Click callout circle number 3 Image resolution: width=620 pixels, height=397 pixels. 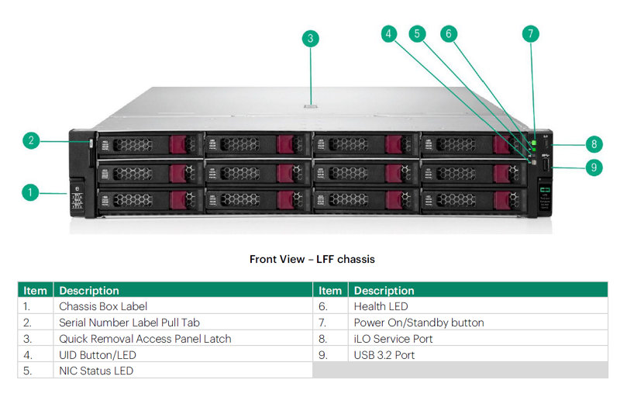(311, 39)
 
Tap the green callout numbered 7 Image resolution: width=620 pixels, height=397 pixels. (530, 34)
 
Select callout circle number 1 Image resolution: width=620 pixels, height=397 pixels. (30, 192)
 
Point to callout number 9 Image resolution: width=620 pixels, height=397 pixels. (594, 167)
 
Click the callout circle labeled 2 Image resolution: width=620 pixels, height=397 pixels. (31, 141)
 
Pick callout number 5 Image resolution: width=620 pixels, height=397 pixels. (417, 34)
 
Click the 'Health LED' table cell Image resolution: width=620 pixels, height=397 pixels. (381, 306)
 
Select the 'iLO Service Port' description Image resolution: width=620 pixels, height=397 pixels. (393, 339)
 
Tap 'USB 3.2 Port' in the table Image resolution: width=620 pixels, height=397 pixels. (384, 355)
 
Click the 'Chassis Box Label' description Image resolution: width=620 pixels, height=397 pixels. (103, 306)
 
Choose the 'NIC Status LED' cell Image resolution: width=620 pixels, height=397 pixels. (96, 371)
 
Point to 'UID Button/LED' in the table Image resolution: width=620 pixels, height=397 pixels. (98, 355)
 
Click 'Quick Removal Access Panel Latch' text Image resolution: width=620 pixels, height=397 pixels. (145, 339)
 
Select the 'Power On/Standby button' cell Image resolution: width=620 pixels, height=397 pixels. (418, 323)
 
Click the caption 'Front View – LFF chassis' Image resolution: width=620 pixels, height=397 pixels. (312, 260)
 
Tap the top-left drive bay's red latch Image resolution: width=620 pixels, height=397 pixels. (177, 144)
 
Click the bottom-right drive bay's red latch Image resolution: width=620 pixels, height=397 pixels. (501, 200)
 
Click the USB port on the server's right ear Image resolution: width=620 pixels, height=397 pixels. (546, 164)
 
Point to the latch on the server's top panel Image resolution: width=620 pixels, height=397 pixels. (311, 106)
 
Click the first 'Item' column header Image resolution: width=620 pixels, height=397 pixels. (35, 291)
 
